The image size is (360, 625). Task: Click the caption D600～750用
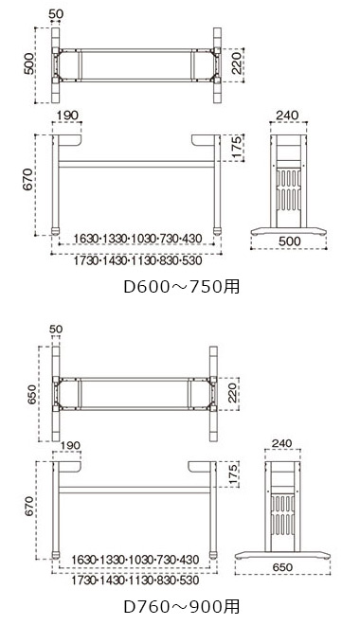click(182, 287)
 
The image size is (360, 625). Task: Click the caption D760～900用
click(182, 607)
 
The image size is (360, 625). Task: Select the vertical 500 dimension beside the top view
click(29, 63)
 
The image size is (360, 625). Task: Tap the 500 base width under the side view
click(290, 241)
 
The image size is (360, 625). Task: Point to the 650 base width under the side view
click(282, 567)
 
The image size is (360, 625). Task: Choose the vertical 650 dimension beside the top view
click(32, 394)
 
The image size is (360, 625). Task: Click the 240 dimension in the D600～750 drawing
click(287, 116)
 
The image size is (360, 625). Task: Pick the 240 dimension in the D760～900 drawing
click(282, 443)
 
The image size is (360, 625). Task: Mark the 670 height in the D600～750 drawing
click(27, 179)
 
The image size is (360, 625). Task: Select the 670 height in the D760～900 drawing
click(30, 507)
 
